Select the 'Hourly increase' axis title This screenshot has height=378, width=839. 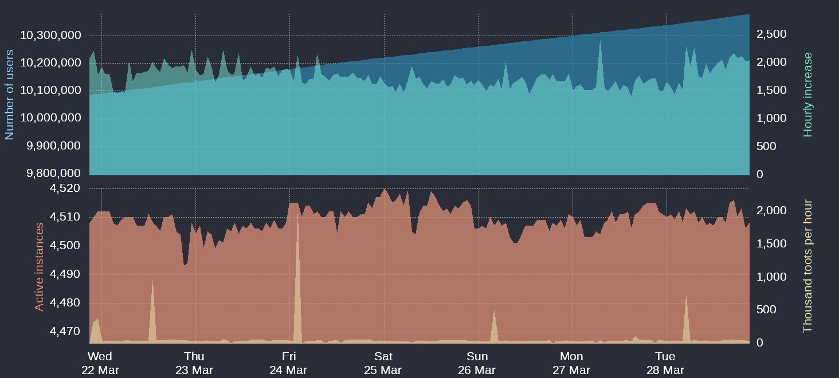point(808,94)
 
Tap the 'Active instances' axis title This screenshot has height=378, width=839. point(40,267)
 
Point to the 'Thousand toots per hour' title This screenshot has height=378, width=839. point(808,266)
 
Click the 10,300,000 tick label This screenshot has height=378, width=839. point(50,36)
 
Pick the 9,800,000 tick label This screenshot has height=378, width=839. point(50,173)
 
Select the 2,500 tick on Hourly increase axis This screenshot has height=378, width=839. point(771,34)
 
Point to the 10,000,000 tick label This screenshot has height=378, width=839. point(50,118)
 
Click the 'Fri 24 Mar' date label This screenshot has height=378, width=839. point(289,363)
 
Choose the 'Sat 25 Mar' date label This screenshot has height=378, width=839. point(383,363)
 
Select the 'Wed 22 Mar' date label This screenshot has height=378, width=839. point(100,363)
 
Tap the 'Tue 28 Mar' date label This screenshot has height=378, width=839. point(665,363)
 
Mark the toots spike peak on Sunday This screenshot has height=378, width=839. point(494,311)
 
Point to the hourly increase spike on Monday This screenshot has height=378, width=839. point(600,41)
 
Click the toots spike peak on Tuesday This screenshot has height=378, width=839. point(686,296)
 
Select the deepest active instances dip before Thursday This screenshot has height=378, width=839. point(185,265)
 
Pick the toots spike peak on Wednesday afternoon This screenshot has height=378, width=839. point(152,281)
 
